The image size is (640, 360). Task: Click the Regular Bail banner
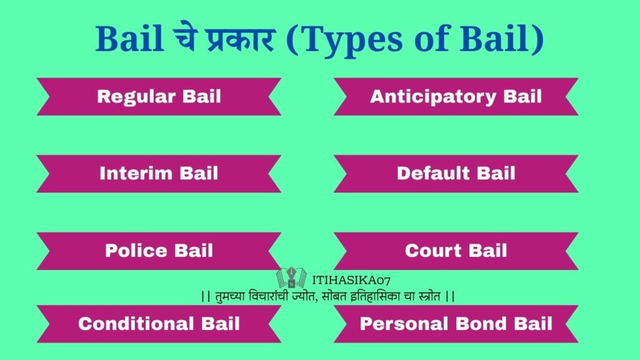click(x=159, y=96)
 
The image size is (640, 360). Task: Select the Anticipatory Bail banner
click(x=456, y=96)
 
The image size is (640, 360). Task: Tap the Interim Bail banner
click(x=159, y=173)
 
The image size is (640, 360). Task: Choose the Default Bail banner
click(x=456, y=173)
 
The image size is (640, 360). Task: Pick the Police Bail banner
click(x=159, y=251)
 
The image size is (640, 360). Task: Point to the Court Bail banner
click(x=456, y=251)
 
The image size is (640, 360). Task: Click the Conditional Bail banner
click(x=159, y=324)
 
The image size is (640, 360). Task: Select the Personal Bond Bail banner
click(x=456, y=324)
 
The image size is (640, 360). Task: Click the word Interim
click(x=136, y=173)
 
